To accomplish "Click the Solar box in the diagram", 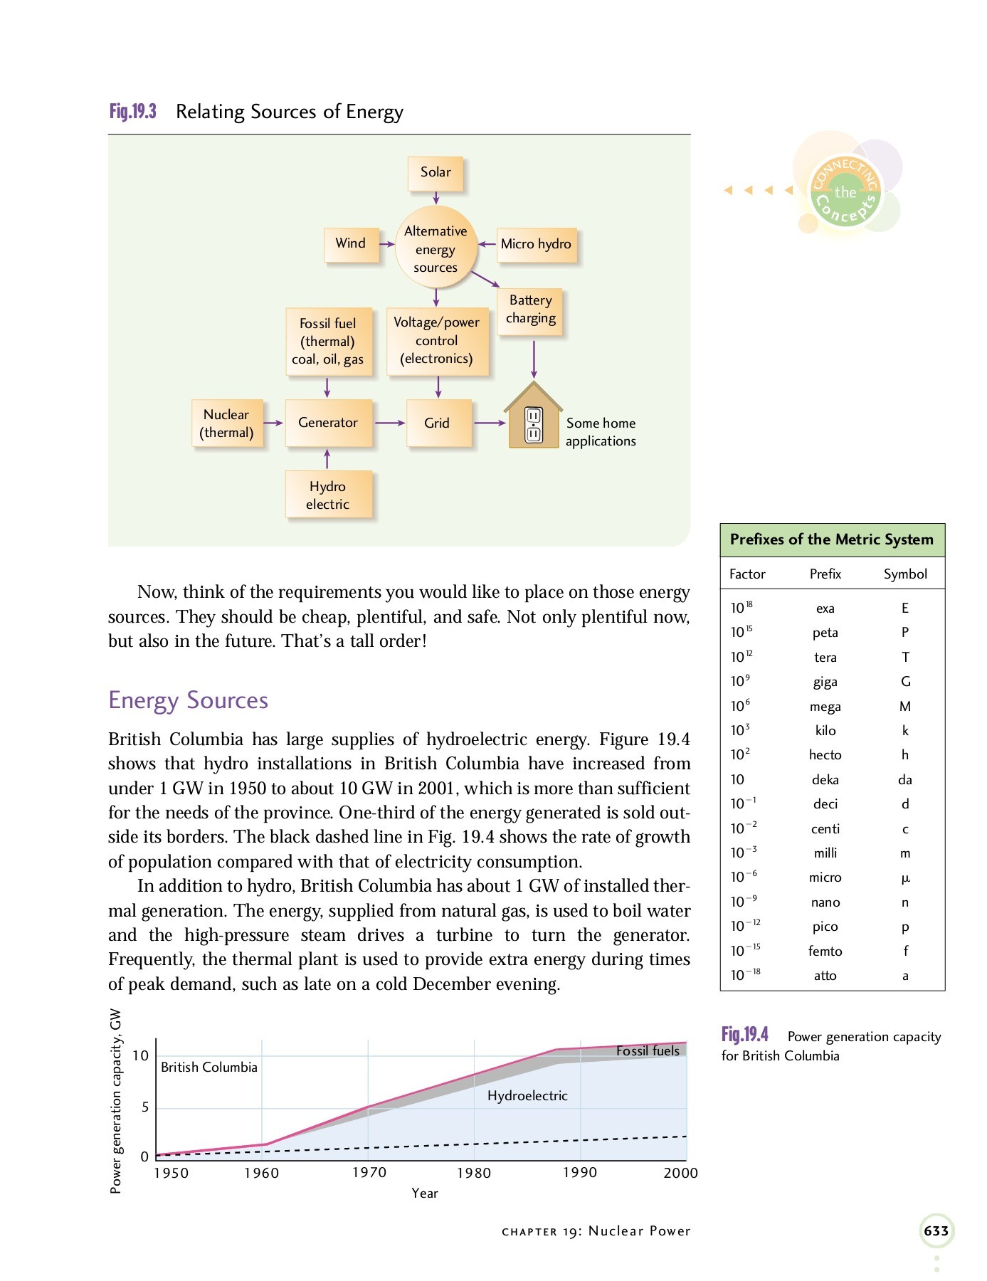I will coord(436,173).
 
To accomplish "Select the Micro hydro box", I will coord(536,244).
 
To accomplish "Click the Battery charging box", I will coord(530,310).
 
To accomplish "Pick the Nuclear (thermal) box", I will coord(226,423).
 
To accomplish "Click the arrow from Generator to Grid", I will coord(389,423).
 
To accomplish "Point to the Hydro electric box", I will coord(327,495).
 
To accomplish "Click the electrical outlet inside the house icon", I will coord(533,426).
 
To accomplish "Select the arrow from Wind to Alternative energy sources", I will coord(386,244).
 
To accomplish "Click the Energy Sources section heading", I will coord(188,700).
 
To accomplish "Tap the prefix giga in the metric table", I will coord(825,682).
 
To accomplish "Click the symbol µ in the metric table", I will coord(905,878).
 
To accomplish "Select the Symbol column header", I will coord(905,574).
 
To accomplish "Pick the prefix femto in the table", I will coord(825,951).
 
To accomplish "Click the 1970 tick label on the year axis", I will coord(369,1173).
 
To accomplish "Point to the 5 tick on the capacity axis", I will coord(145,1107).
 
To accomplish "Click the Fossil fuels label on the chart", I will coord(648,1051).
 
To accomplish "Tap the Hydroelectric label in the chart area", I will coord(527,1096).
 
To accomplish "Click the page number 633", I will coord(936,1231).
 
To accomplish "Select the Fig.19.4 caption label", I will coord(744,1035).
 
